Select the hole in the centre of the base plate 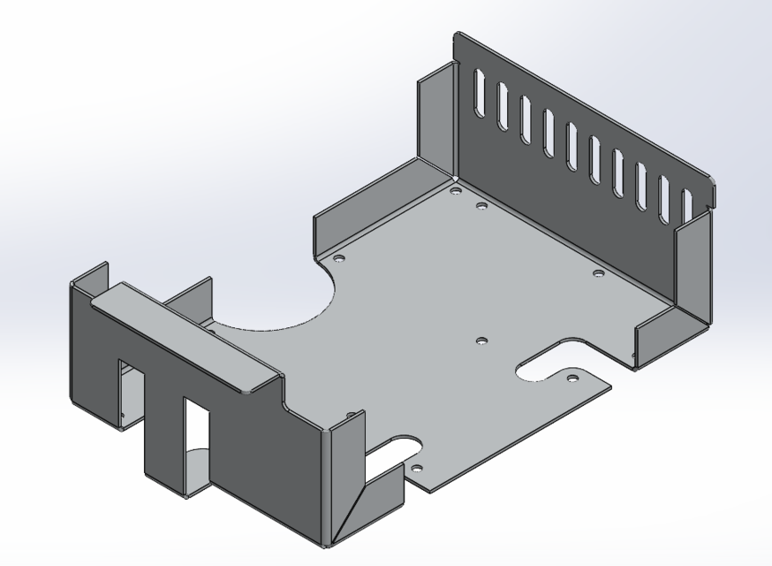pos(481,340)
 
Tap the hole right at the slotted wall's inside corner pos(454,190)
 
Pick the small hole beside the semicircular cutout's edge pos(338,258)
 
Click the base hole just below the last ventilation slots pos(597,273)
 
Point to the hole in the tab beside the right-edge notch pos(572,379)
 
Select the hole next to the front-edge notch pos(418,467)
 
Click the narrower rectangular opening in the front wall pos(196,433)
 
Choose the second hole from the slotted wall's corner pos(481,206)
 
